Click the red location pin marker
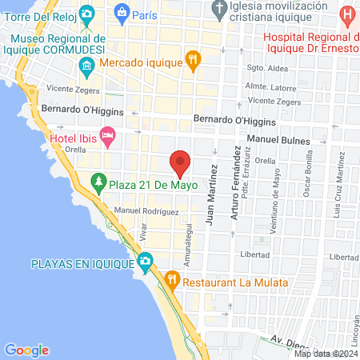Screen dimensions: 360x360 181,163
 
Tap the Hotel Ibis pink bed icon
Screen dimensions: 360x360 106,135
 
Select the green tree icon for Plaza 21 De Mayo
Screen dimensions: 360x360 98,182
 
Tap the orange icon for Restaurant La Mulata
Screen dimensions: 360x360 171,280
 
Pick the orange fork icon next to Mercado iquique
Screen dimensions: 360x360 193,58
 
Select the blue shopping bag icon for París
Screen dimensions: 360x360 122,13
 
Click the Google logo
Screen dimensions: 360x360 26,350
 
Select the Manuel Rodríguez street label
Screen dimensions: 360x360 146,211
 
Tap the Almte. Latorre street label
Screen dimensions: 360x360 270,86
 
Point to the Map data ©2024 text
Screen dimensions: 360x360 326,354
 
